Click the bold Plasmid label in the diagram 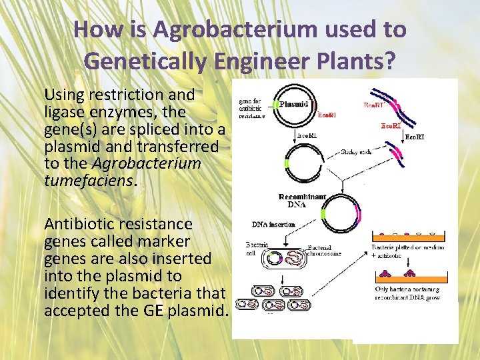click(x=293, y=104)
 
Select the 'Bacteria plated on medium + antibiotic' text click(x=412, y=251)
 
